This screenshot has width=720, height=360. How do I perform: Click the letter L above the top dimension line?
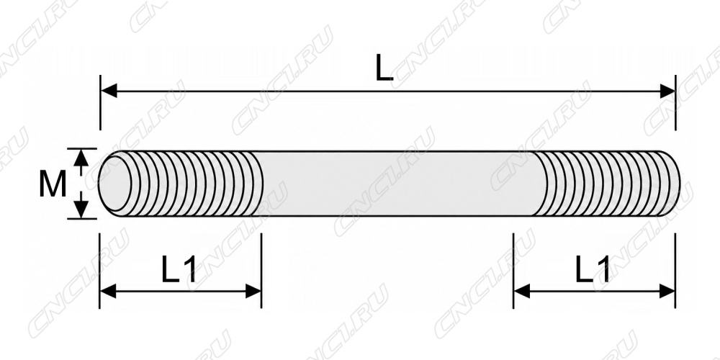click(x=384, y=68)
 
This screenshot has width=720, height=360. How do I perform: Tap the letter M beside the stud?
click(x=53, y=184)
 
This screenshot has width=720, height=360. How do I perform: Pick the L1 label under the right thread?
click(x=593, y=269)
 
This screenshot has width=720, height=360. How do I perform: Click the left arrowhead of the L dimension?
click(x=109, y=91)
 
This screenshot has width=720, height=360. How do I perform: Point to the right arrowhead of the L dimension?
click(x=667, y=91)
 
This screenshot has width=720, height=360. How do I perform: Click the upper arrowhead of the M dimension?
click(x=81, y=158)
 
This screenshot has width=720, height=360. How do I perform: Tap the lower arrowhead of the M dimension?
click(x=81, y=210)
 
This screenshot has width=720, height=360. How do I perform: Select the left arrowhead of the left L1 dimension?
click(x=108, y=291)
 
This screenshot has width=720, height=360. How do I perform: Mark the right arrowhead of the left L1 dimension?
click(x=253, y=291)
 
